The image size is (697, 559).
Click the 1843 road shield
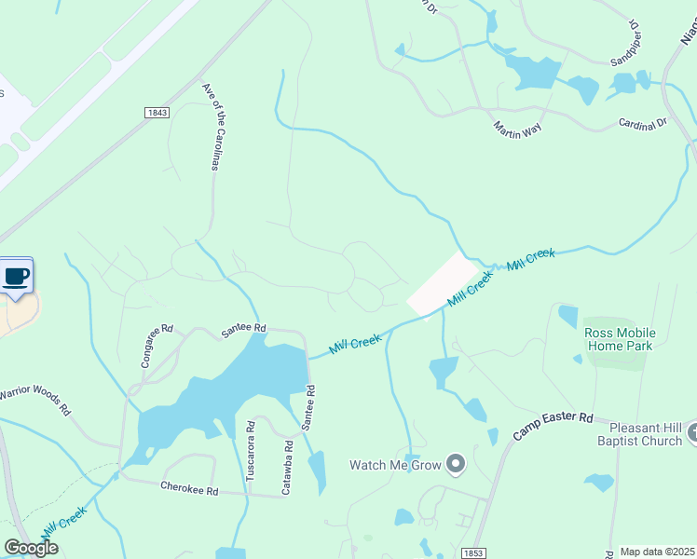click(157, 113)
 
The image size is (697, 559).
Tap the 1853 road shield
click(473, 552)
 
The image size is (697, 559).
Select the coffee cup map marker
click(17, 277)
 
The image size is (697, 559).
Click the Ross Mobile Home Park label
click(620, 339)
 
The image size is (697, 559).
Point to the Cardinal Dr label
click(643, 122)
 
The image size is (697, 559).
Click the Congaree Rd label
click(157, 346)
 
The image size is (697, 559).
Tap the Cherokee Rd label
click(188, 488)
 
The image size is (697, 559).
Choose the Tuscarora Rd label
click(250, 452)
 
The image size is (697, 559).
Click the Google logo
click(30, 548)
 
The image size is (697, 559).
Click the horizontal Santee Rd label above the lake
click(244, 328)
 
